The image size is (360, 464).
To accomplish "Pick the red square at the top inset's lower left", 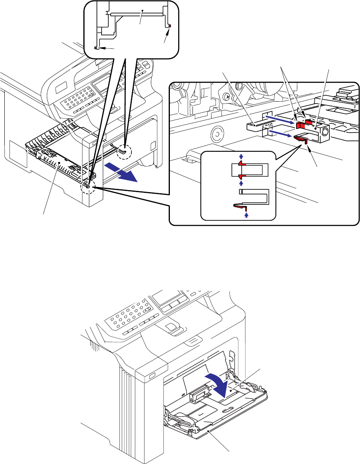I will click(x=96, y=48).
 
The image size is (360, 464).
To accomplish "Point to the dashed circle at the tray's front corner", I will click(x=89, y=187).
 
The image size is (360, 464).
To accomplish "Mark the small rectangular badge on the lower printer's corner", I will click(x=152, y=375).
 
